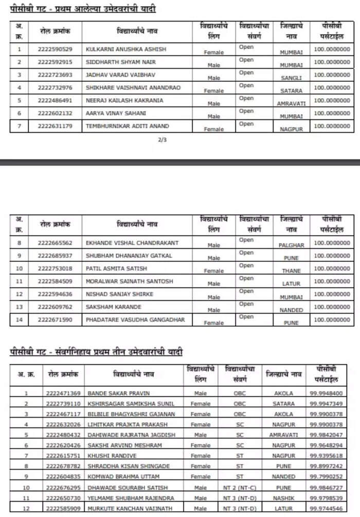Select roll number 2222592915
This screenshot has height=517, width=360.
[55, 62]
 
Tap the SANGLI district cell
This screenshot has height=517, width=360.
[291, 78]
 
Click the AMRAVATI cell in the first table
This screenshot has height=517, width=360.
[291, 104]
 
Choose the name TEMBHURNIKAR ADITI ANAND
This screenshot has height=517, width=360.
[128, 126]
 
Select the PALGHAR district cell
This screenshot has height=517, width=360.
[292, 245]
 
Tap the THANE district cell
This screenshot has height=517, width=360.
[292, 271]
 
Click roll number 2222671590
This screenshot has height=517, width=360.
[55, 320]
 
